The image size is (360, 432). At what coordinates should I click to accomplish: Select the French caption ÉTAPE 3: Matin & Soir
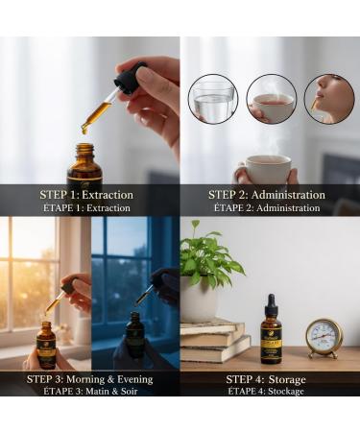(89, 392)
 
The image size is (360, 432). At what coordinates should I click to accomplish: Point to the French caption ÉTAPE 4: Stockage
(267, 392)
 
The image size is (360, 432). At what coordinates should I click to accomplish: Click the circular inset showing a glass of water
(212, 98)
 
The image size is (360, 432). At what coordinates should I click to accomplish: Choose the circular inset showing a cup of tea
(271, 98)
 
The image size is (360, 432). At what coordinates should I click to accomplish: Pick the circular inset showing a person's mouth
(328, 98)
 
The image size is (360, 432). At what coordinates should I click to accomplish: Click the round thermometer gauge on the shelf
(324, 338)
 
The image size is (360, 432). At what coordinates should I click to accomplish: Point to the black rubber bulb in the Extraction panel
(131, 77)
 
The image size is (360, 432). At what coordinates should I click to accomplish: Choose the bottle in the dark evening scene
(135, 339)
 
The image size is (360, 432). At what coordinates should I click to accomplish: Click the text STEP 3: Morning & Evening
(89, 378)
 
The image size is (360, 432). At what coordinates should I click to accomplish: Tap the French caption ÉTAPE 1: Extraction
(89, 208)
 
